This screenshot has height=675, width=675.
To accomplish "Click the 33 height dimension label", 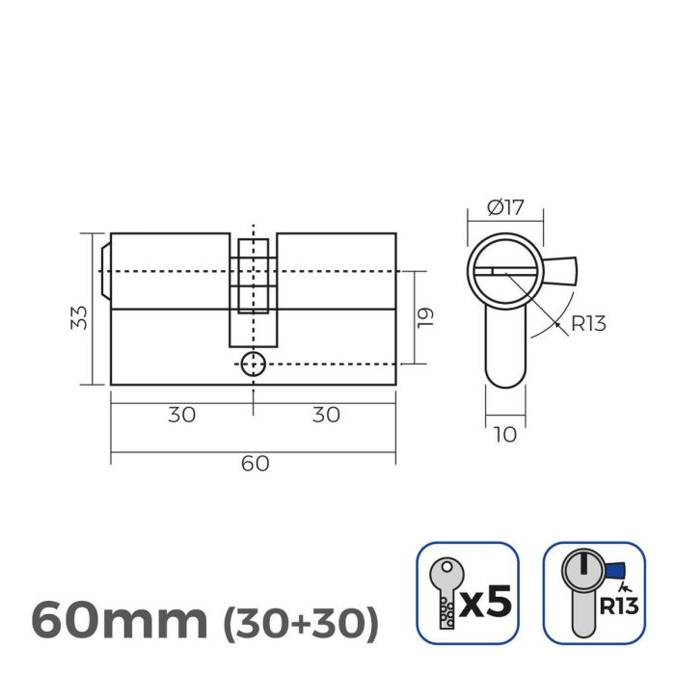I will pos(80,316).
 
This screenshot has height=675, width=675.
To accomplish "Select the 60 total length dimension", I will pos(254,463).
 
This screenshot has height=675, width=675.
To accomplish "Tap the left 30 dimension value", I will pos(181,415).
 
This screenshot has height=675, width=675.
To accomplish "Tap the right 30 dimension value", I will pos(326,415).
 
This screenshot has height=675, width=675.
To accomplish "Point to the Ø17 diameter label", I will pos(504,205).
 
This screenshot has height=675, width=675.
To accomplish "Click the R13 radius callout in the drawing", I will pos(587,323).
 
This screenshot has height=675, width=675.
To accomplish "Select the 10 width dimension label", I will pos(504,435).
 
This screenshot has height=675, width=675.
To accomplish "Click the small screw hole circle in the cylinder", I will pos(253,364).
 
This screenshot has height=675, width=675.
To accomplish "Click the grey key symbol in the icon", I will pos(445,590).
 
